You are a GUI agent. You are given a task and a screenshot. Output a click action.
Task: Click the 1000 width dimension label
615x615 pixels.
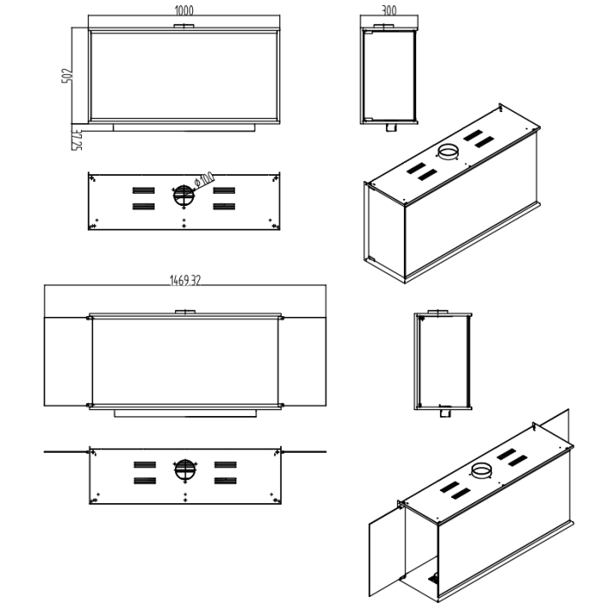coord(184,10)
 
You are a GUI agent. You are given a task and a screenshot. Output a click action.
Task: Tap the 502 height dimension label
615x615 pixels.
coord(67,76)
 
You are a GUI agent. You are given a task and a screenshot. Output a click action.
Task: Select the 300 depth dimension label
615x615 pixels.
coord(389,10)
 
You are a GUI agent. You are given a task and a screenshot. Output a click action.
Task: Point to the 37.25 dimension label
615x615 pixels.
coord(77,140)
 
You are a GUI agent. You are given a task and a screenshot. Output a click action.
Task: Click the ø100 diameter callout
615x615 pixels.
coord(204,179)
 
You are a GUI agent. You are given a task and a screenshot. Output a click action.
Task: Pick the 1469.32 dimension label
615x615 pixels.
coord(185,280)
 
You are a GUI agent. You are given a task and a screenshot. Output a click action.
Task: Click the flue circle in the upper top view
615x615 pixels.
coord(184,196)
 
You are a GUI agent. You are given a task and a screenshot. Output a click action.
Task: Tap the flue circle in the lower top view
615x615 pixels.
coord(184,470)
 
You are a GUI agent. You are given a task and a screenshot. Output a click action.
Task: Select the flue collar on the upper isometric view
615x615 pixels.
coord(448,151)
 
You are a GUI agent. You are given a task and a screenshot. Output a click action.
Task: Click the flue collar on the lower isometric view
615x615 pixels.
coord(482,470)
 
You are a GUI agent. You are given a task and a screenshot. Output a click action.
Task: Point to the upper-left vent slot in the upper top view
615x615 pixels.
coord(143,190)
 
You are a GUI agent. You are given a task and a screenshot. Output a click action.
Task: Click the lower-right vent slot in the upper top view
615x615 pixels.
coord(224,207)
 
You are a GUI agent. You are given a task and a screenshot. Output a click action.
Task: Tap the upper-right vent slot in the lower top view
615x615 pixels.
coord(225,465)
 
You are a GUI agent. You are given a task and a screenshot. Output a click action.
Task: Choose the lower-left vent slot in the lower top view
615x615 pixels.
coord(144,481)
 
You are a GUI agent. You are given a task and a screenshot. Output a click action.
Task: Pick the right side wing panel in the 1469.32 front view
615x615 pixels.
coord(302,361)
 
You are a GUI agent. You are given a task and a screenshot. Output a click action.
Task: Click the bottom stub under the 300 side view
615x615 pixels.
coord(390,128)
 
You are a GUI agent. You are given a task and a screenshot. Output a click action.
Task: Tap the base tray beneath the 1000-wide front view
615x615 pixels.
coord(184,128)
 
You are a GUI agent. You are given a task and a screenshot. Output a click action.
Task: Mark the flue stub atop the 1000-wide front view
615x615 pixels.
coord(184,26)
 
